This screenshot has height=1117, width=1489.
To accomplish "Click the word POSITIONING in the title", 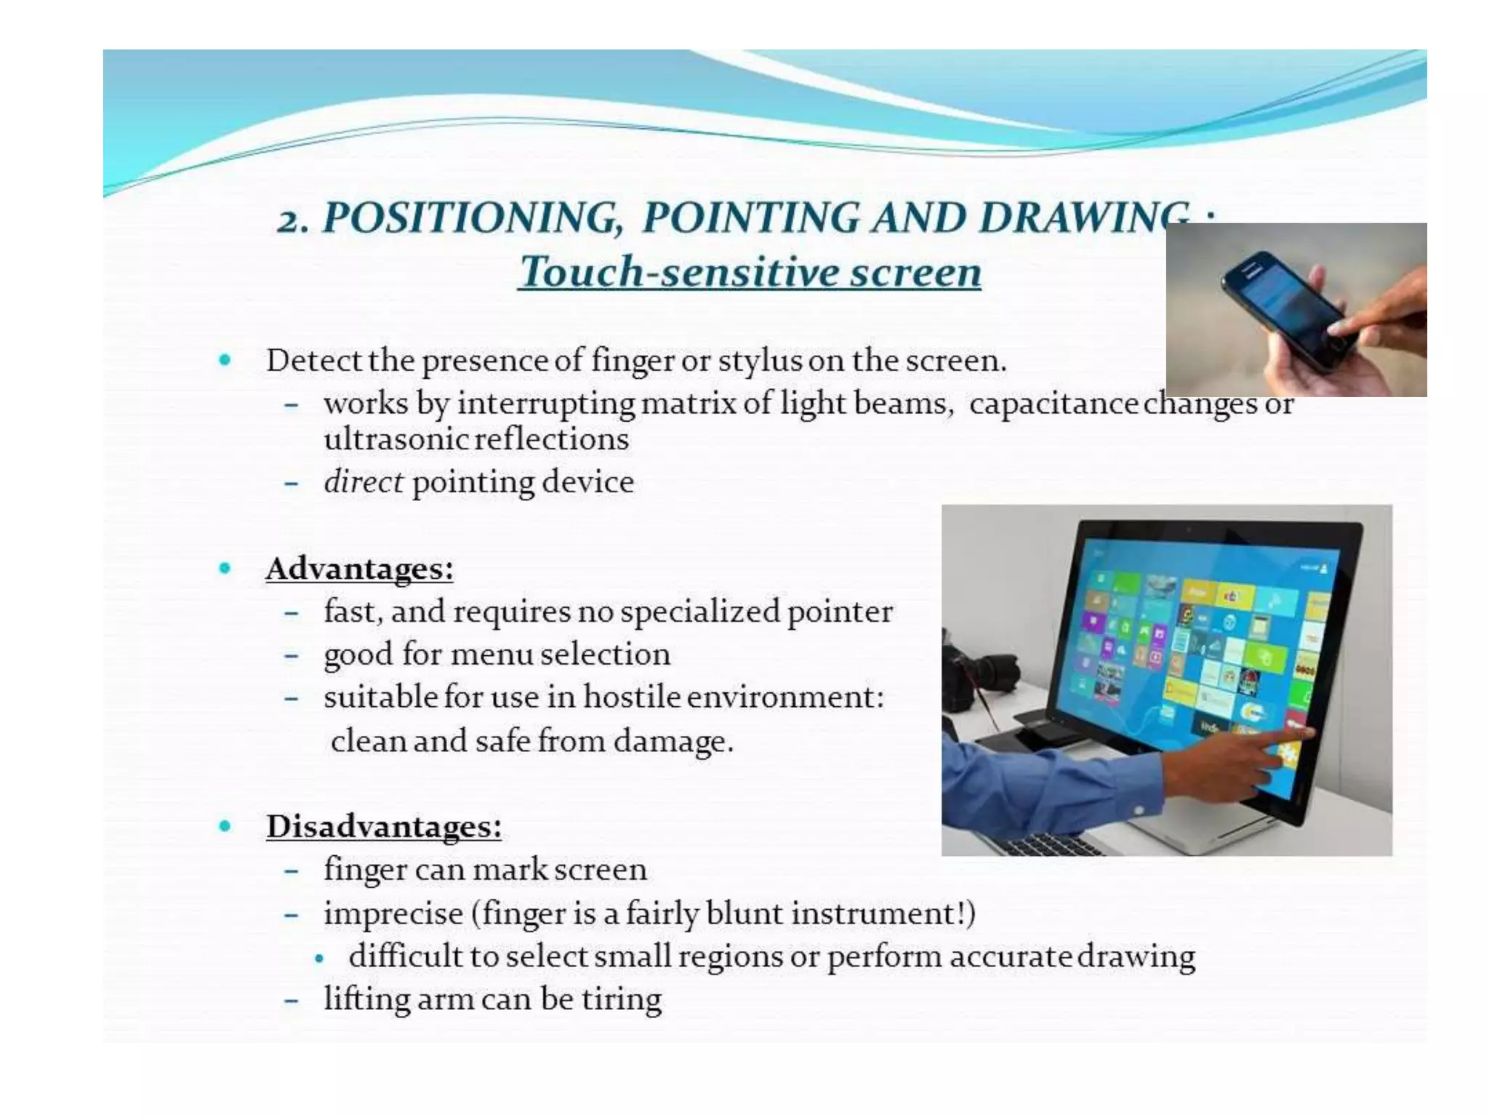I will pyautogui.click(x=473, y=217).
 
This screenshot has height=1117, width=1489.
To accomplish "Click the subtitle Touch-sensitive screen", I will pyautogui.click(x=750, y=272).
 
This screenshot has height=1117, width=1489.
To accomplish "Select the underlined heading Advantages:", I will pyautogui.click(x=359, y=569).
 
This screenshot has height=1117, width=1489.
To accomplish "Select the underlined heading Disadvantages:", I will pyautogui.click(x=384, y=826).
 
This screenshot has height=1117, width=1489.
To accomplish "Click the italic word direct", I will pyautogui.click(x=363, y=481).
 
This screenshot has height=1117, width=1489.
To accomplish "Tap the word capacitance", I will pyautogui.click(x=1053, y=404).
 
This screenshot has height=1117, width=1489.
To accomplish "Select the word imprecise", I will pyautogui.click(x=393, y=913).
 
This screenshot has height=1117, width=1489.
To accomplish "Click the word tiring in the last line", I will pyautogui.click(x=622, y=998).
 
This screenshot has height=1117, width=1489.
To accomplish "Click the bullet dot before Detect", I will pyautogui.click(x=225, y=359).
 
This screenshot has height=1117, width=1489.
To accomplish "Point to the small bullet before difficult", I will pyautogui.click(x=319, y=958).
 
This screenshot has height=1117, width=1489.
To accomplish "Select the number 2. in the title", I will pyautogui.click(x=292, y=219).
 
